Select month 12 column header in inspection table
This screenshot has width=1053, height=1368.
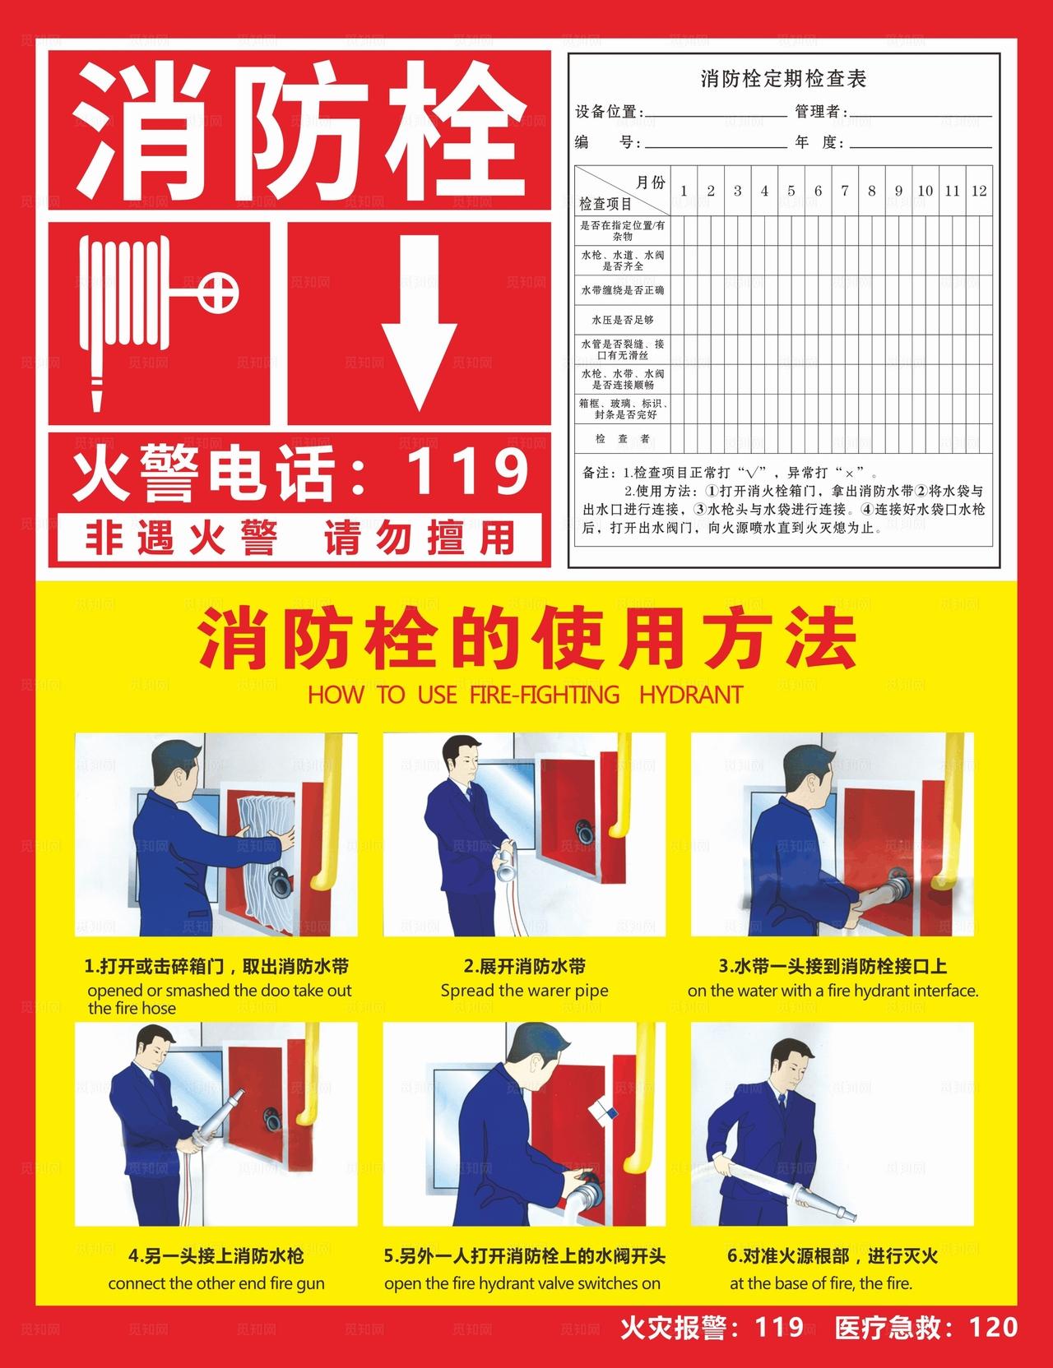[978, 191]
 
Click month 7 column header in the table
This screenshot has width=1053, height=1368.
[844, 191]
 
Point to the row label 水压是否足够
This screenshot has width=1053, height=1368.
[623, 319]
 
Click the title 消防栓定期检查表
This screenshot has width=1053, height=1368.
[783, 79]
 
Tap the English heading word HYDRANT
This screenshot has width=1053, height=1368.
[690, 695]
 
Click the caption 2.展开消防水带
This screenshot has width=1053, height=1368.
[525, 967]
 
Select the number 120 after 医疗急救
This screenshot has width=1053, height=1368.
[994, 1328]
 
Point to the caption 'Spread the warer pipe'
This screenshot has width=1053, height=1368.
[525, 991]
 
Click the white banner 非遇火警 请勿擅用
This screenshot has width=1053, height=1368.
[300, 538]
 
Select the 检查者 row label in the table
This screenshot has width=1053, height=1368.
[623, 439]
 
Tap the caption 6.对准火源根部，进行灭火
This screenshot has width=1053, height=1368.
[832, 1257]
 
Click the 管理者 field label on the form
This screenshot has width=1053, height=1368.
[820, 112]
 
